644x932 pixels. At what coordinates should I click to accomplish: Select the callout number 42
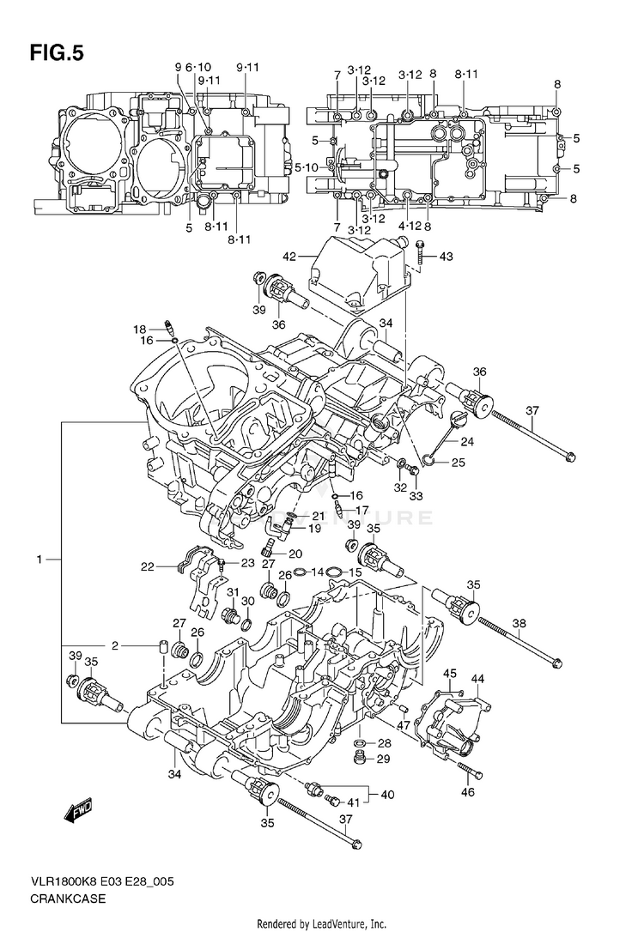coord(289,256)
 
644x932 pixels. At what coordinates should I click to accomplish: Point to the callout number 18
coord(139,329)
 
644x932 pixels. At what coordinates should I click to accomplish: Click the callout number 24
coord(466,443)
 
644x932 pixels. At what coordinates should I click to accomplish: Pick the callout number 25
coord(459,463)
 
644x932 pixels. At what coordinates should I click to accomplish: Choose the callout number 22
coord(148,566)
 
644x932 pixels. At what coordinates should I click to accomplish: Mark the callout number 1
coord(39,560)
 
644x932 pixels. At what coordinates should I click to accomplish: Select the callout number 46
coord(468,791)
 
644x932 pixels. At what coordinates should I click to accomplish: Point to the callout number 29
coord(383,759)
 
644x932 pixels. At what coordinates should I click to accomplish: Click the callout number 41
coord(351,802)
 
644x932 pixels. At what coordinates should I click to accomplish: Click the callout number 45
coord(450,675)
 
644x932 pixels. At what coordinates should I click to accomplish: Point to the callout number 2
coord(114,645)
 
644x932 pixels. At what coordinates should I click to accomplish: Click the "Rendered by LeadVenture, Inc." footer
coord(322,923)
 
